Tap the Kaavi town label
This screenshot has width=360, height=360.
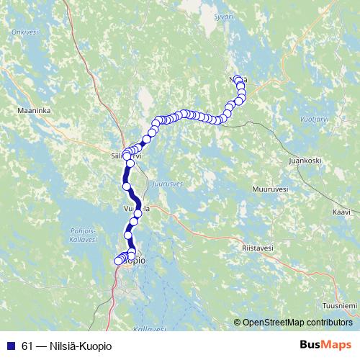341,212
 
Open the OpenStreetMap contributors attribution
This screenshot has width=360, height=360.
297,323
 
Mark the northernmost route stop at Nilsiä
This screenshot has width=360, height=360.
238,78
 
